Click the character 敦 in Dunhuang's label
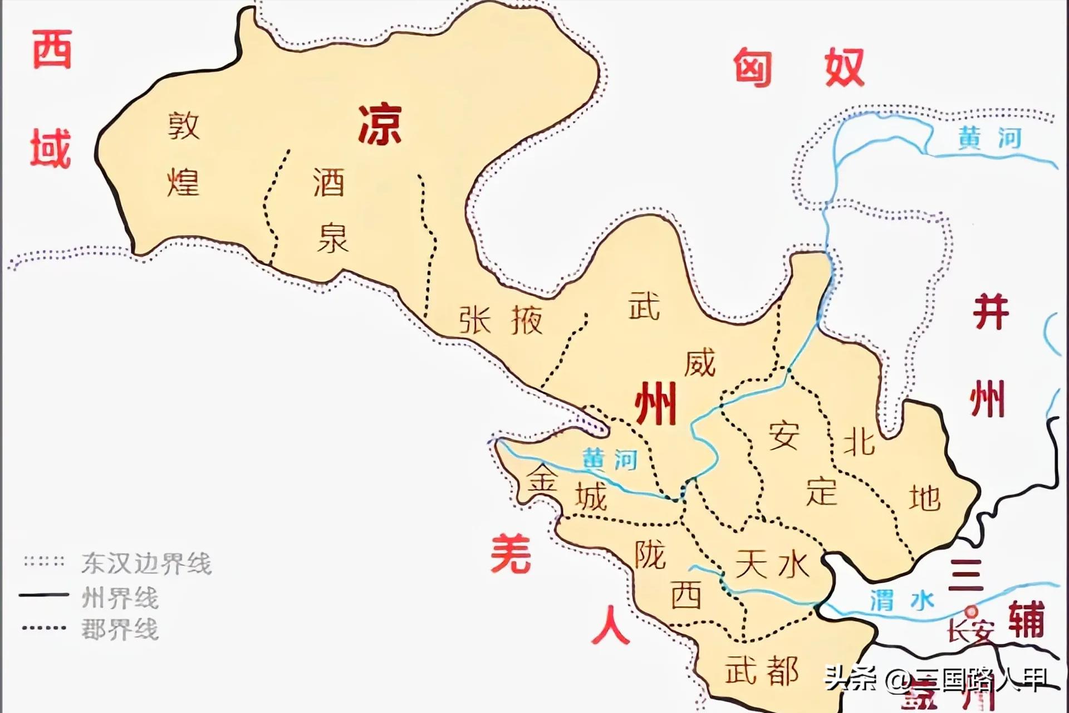tap(184, 126)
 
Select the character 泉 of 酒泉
tap(332, 238)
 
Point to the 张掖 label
tap(501, 320)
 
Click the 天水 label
tap(772, 564)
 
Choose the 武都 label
tap(762, 670)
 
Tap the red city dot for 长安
tap(972, 611)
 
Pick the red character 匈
tap(752, 68)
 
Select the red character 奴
tap(844, 67)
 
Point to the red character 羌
tap(511, 553)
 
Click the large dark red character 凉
tap(380, 125)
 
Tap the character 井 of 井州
tap(990, 312)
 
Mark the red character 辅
tap(1027, 619)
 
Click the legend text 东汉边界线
tap(146, 564)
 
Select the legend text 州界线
tap(120, 598)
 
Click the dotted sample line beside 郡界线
tap(44, 628)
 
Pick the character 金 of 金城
tap(542, 478)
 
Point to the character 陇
tap(650, 555)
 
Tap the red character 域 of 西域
tap(51, 148)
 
